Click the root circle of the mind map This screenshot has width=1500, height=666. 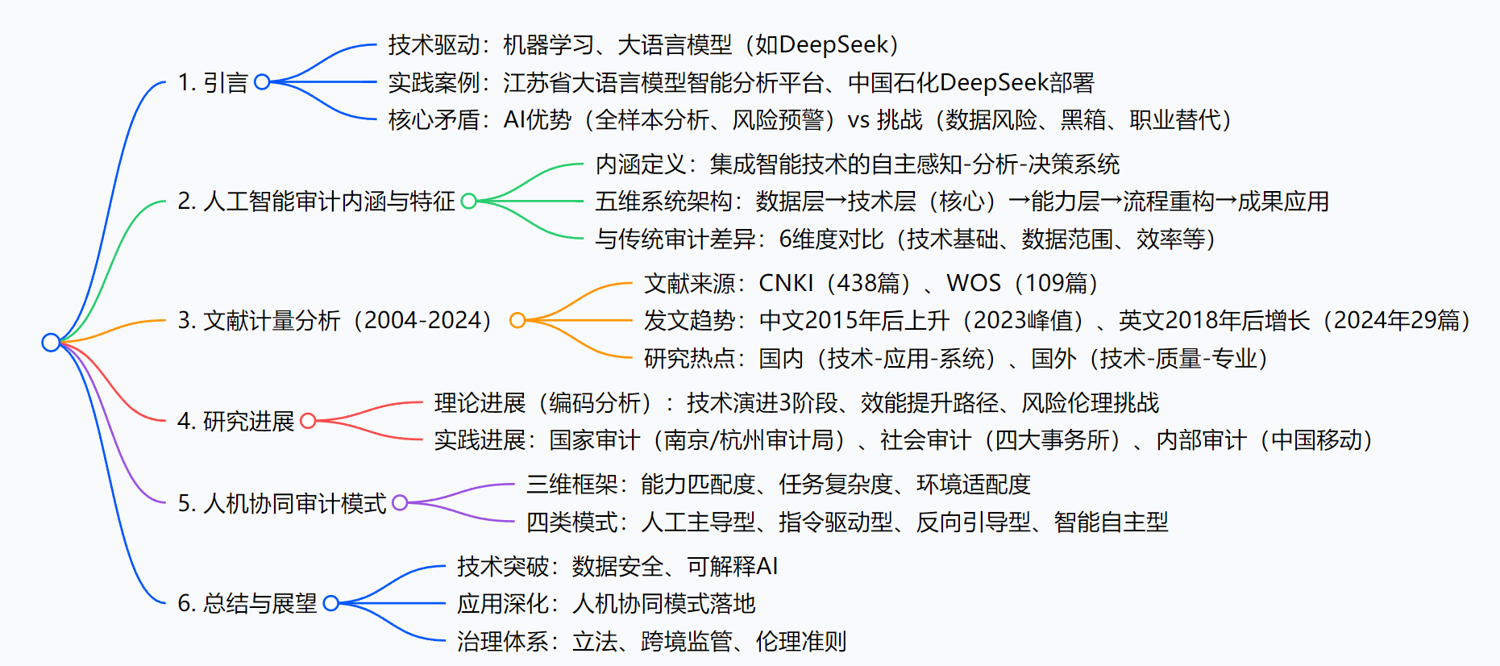[x=51, y=343]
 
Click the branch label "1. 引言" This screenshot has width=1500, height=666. [x=213, y=82]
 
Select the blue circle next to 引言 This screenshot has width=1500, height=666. [x=262, y=81]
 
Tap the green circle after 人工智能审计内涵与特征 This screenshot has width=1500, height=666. [x=468, y=201]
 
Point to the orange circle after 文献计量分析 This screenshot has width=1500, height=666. [x=517, y=321]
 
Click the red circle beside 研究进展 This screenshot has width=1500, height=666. [x=307, y=420]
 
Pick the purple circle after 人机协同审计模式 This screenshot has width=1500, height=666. [x=400, y=503]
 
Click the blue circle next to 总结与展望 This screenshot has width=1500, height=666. [x=330, y=603]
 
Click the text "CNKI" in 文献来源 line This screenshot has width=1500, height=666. [x=786, y=283]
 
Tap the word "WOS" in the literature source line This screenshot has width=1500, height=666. [x=973, y=283]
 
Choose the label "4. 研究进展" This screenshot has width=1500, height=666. [x=236, y=421]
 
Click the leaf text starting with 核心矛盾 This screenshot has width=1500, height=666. [x=809, y=120]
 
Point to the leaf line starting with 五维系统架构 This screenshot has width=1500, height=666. [x=962, y=202]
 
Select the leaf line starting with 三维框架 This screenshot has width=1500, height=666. [x=778, y=485]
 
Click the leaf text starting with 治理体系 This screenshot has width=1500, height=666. [x=651, y=642]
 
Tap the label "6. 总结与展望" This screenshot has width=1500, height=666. [x=247, y=603]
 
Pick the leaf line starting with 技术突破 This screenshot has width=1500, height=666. [x=617, y=567]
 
